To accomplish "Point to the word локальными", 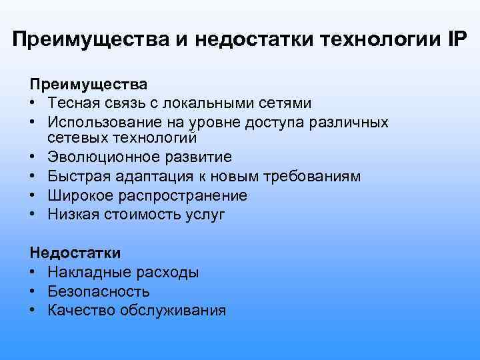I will click(x=199, y=103).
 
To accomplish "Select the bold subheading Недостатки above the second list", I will click(x=75, y=253).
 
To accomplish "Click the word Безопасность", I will click(x=99, y=291).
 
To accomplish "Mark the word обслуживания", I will click(x=173, y=311).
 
